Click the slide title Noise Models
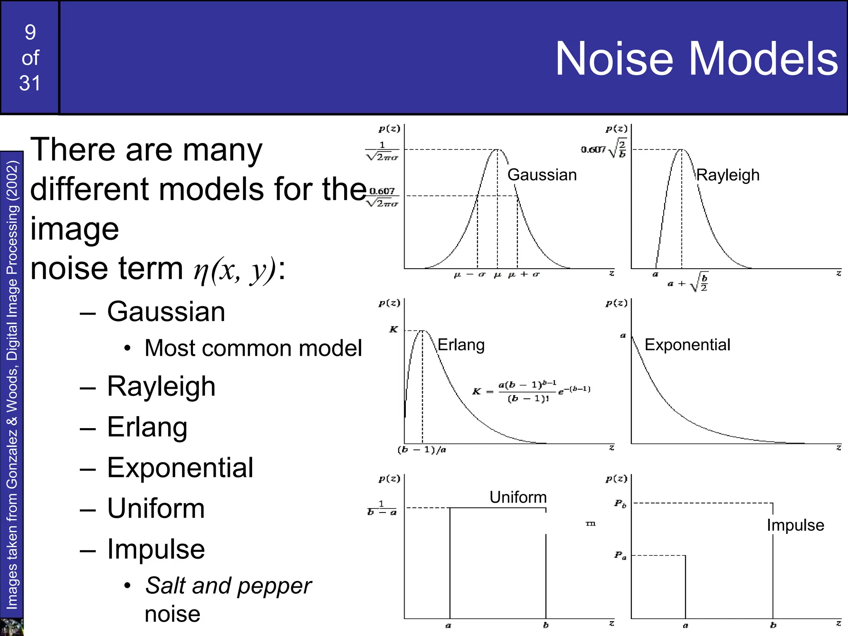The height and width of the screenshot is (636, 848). (x=696, y=59)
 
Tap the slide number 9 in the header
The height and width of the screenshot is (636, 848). (x=30, y=32)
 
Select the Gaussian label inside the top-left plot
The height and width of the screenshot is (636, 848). (x=542, y=175)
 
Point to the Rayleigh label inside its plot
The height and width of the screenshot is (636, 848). (x=728, y=175)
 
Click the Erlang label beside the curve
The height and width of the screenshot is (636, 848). (x=461, y=344)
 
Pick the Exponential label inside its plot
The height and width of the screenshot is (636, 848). (x=687, y=344)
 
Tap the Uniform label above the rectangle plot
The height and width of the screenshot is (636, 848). (x=518, y=497)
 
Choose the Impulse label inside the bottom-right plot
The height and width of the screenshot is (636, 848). (x=795, y=525)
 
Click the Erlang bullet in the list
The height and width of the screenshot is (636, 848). (x=147, y=427)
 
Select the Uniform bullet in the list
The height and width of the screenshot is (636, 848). (x=156, y=508)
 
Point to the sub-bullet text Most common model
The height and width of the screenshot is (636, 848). (x=253, y=348)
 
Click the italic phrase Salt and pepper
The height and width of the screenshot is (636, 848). (x=228, y=585)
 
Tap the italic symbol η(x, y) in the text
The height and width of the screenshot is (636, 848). (x=235, y=270)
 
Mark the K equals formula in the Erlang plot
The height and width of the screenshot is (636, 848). (x=532, y=391)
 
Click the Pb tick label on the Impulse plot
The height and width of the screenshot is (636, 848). (x=620, y=503)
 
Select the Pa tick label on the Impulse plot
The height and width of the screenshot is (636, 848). (x=620, y=555)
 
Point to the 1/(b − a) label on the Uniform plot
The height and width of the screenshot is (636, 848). (x=382, y=508)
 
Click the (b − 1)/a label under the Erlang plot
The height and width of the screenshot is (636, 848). (x=422, y=450)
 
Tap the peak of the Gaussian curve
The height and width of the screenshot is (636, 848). (x=497, y=149)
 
